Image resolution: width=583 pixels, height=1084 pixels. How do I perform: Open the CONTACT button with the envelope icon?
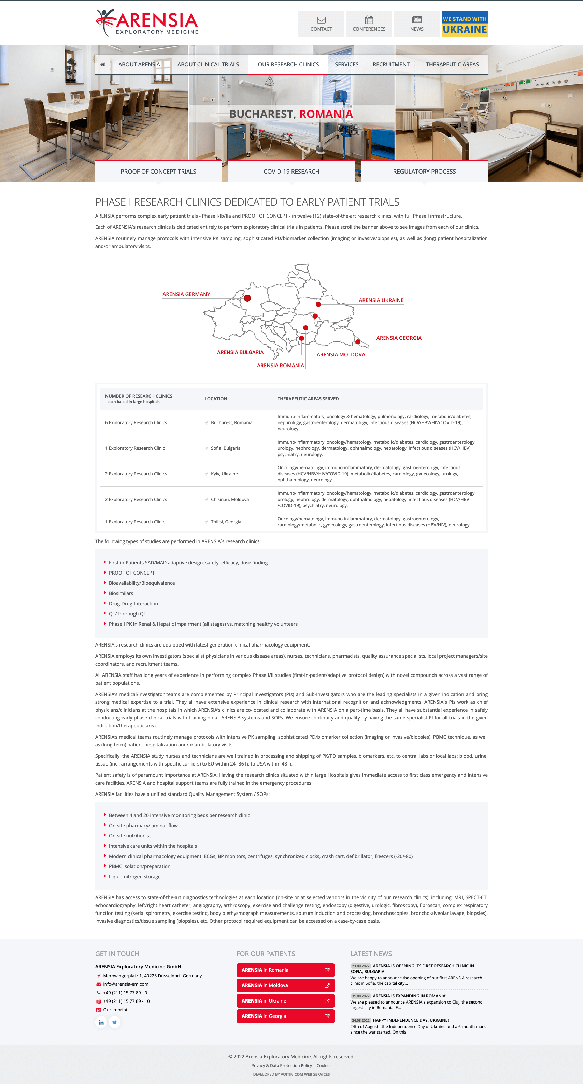point(321,24)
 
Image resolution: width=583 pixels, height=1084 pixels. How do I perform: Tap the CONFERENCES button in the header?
point(369,24)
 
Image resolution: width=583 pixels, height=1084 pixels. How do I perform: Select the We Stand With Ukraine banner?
point(464,24)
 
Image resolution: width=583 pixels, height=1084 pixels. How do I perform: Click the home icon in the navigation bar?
point(103,64)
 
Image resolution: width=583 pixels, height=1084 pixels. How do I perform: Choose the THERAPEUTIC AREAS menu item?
point(452,64)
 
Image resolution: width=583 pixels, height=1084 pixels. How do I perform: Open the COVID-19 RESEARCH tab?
point(291,171)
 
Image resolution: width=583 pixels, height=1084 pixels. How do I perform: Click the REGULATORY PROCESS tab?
point(424,171)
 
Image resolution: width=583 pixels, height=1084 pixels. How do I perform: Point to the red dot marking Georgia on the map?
point(358,342)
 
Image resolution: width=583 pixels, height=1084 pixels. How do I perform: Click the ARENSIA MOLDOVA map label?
point(341,355)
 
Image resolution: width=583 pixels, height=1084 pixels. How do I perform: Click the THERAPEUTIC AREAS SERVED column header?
point(308,399)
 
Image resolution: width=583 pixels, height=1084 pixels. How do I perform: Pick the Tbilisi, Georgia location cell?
point(226,522)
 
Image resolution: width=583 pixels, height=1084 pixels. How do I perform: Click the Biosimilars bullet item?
point(121,593)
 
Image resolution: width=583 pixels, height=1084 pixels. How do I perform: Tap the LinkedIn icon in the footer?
point(101,1022)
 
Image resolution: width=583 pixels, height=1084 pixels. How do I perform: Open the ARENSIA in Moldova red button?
point(285,985)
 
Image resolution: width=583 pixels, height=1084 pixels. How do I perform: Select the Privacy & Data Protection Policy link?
point(281,1066)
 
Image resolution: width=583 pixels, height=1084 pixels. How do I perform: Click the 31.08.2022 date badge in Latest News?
point(360,996)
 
